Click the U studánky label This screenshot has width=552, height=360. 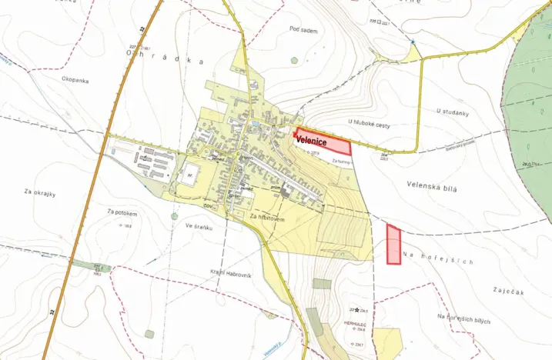[x=453, y=112]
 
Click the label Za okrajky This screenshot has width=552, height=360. [x=40, y=193]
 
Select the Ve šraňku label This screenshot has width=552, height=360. [x=199, y=227]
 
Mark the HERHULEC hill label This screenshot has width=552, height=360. [x=356, y=323]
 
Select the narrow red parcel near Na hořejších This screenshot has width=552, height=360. [x=393, y=245]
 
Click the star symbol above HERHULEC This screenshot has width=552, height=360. [x=356, y=309]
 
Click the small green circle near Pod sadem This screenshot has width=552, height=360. [x=294, y=61]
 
